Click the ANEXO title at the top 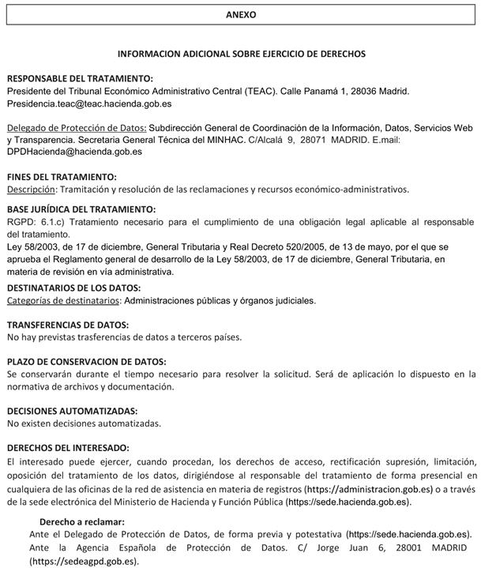241,14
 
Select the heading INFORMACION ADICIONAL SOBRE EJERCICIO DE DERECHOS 241,54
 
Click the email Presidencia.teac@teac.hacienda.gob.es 89,103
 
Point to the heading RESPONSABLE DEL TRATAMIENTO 80,78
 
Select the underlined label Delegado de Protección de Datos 76,127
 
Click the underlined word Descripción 32,189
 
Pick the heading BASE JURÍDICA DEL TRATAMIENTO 81,209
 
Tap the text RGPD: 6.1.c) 36,223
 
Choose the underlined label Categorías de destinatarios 63,300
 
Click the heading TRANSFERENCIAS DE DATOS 68,325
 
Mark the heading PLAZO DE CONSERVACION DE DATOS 86,361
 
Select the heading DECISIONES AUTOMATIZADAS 72,411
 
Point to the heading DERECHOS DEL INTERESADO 67,447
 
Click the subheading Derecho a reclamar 81,521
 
